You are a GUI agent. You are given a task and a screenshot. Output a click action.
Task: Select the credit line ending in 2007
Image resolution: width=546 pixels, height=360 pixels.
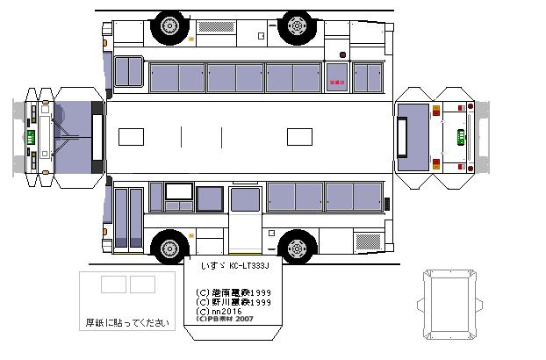(226, 320)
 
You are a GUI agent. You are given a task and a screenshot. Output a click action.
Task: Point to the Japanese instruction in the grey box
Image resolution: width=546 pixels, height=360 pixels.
(127, 322)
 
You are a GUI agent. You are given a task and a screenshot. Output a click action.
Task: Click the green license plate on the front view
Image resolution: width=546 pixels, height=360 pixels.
(30, 138)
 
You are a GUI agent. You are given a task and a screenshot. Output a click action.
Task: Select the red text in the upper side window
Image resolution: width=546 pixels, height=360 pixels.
(336, 84)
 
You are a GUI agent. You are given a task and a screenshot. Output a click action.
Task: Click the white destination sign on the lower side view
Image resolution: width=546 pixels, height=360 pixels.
(179, 191)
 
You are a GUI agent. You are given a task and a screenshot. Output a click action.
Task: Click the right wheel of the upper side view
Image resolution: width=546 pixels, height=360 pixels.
(298, 25)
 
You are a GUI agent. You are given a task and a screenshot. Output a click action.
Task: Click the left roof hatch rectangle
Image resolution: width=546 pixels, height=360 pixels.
(130, 137)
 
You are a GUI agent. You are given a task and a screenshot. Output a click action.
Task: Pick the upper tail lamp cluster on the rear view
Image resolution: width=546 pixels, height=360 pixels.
(436, 112)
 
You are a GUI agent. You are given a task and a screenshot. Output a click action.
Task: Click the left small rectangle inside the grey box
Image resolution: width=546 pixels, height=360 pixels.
(113, 284)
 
